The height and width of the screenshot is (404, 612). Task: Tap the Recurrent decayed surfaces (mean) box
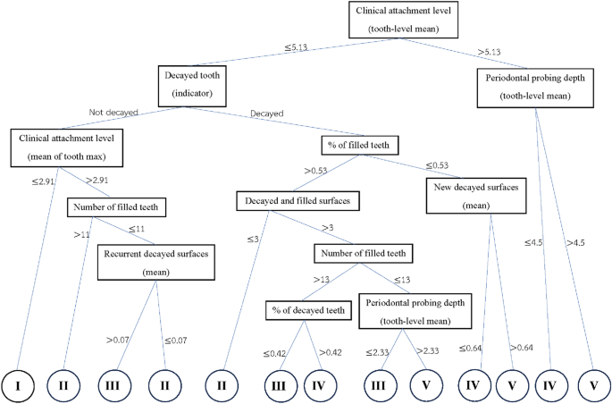click(x=157, y=261)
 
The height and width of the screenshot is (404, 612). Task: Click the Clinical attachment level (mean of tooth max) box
click(x=68, y=147)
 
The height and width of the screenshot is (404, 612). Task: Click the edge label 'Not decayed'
click(x=112, y=113)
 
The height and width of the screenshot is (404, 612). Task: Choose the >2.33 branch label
click(x=426, y=352)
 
